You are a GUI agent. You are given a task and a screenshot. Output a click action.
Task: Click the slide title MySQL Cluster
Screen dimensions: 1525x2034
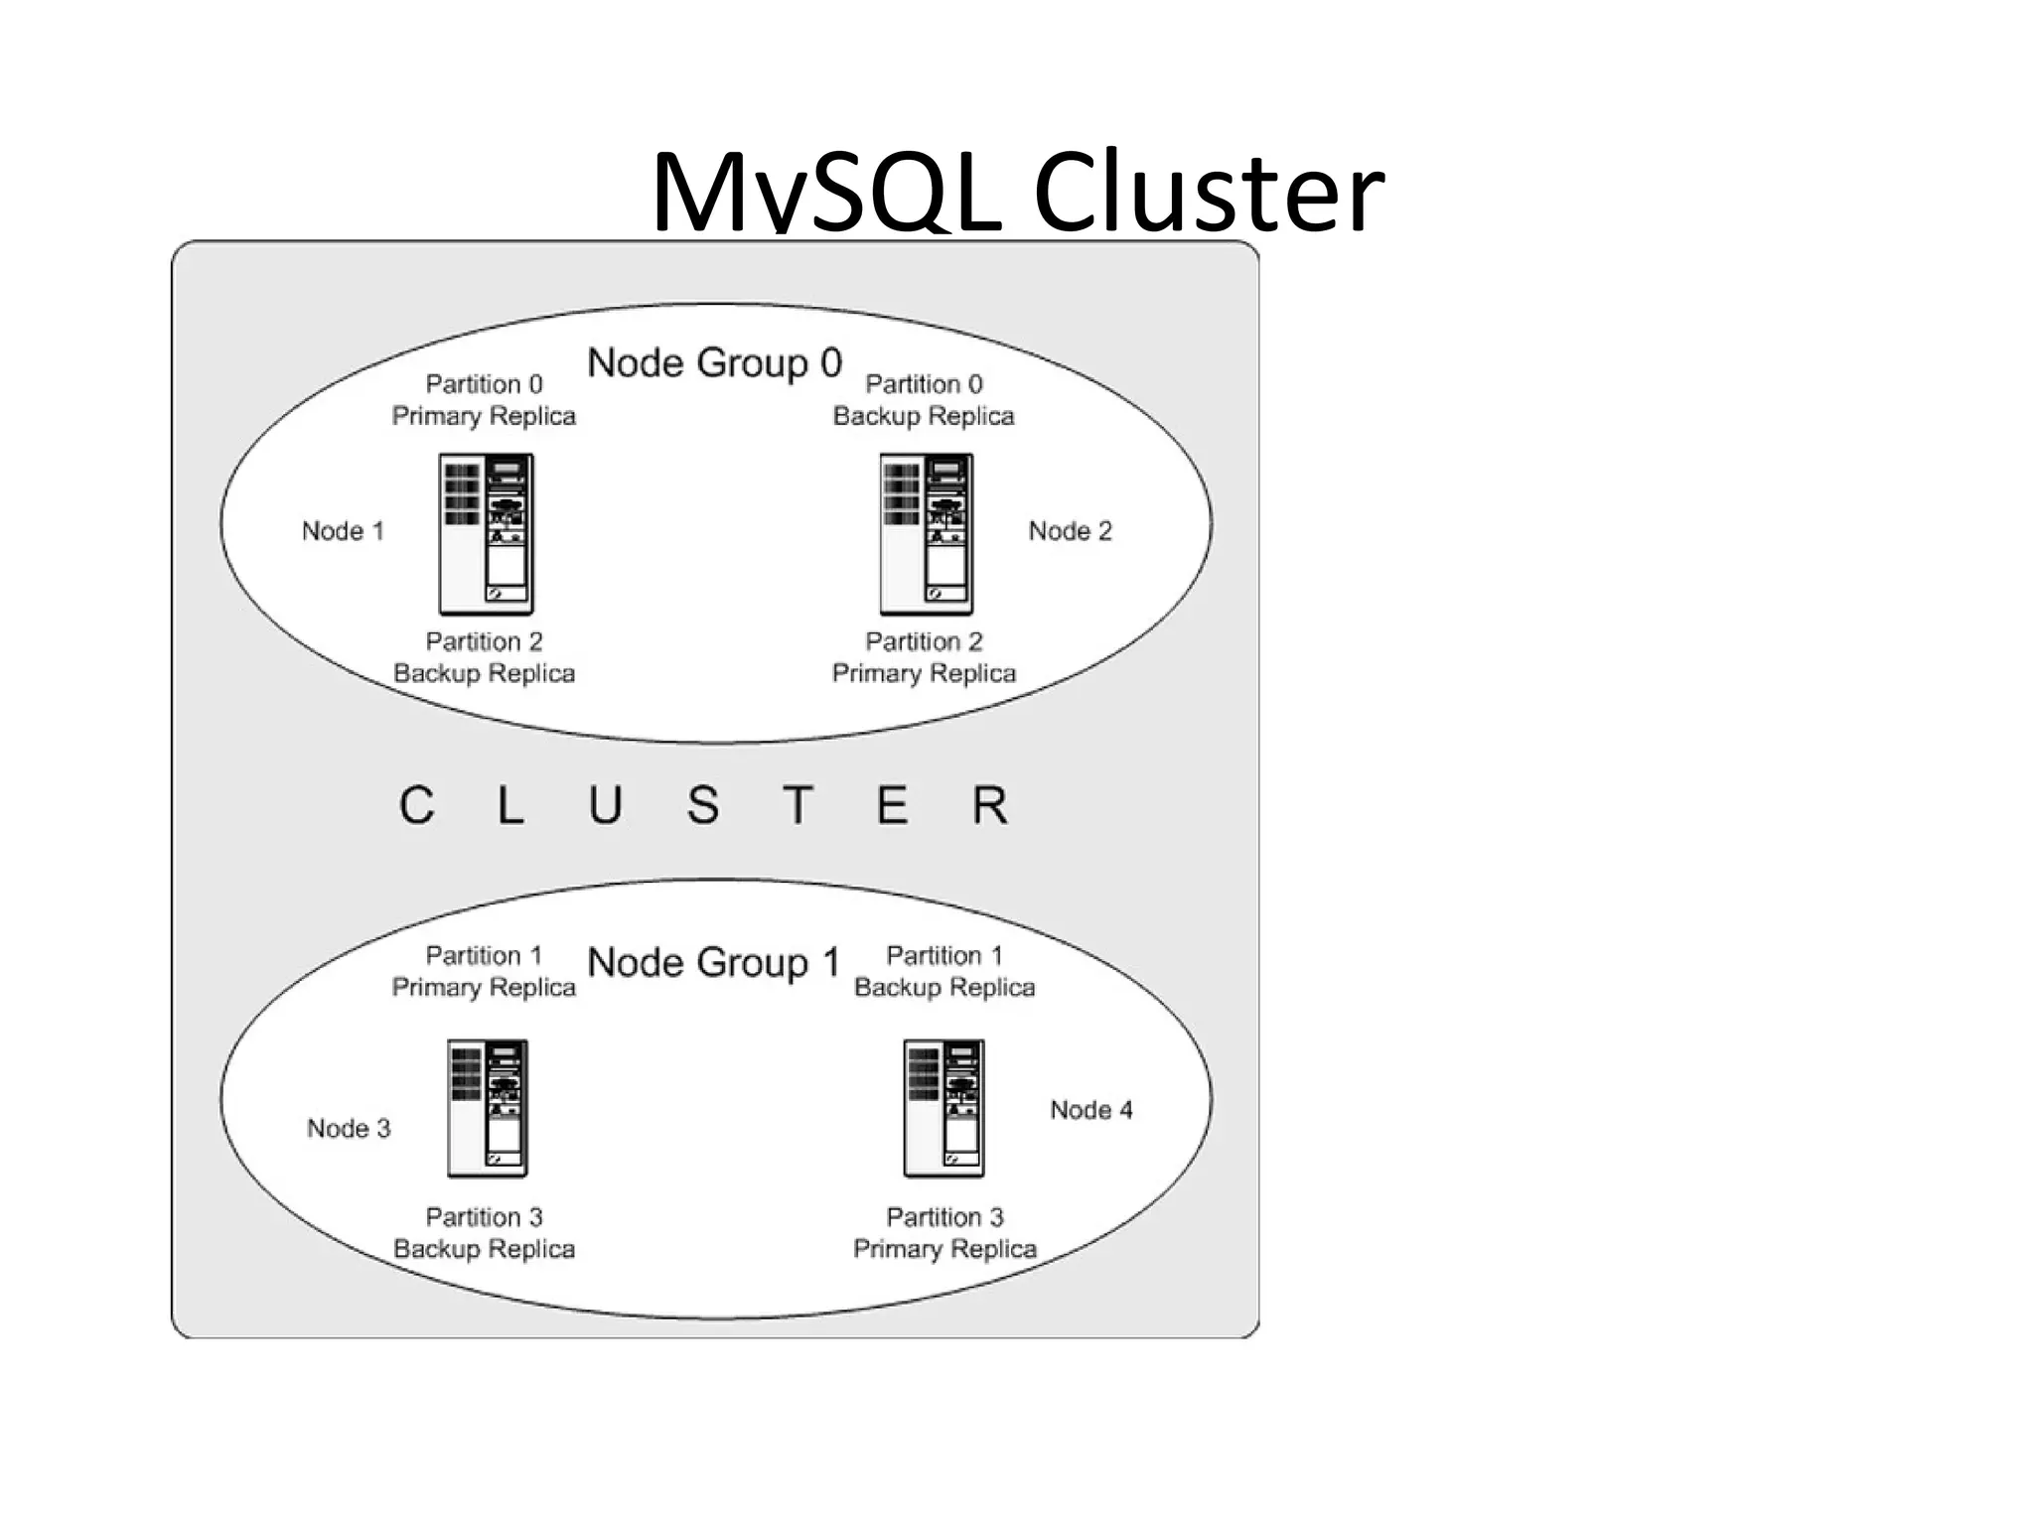tap(1016, 191)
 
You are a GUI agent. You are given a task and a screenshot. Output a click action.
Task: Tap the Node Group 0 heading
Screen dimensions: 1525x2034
tap(714, 363)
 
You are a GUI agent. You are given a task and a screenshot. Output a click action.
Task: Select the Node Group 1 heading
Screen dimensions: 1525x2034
tap(714, 963)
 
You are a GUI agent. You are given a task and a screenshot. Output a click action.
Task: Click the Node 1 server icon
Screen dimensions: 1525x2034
tap(486, 534)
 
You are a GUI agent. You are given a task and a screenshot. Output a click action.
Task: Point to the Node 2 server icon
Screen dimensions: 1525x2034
tap(926, 534)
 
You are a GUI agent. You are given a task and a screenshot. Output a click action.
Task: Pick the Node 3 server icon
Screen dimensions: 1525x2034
tap(487, 1108)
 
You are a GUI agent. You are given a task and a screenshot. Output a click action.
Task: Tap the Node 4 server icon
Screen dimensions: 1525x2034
tap(944, 1108)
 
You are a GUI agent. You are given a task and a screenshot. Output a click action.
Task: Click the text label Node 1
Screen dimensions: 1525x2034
tap(343, 531)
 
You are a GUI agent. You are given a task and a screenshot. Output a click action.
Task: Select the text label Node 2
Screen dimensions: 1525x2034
tap(1070, 531)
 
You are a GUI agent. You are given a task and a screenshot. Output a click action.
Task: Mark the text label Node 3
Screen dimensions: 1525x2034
tap(349, 1129)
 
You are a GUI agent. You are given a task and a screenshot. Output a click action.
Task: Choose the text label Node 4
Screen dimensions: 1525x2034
tap(1090, 1110)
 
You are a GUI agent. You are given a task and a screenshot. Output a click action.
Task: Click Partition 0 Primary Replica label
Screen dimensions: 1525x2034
tap(484, 400)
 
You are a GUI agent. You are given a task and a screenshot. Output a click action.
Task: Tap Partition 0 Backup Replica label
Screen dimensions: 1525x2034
tap(924, 400)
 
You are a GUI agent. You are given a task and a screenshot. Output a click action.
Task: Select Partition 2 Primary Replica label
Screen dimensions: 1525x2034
tap(924, 657)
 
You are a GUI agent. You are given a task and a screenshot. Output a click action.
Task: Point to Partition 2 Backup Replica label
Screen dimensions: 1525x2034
tap(484, 657)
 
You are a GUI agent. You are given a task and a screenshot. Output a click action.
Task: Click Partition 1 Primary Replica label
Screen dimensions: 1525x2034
tap(484, 971)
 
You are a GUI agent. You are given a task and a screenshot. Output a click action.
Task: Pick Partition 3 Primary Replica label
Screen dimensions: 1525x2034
tap(944, 1233)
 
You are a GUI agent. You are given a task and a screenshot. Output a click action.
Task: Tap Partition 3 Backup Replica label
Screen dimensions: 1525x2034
tap(484, 1233)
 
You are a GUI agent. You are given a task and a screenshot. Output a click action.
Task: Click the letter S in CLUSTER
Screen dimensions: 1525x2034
tap(702, 805)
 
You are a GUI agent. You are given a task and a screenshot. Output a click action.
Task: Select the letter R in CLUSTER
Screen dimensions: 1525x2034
tap(989, 805)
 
